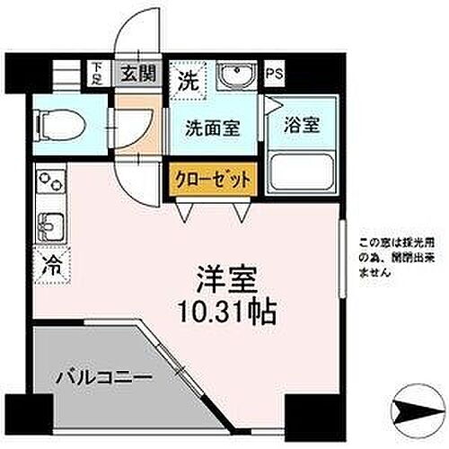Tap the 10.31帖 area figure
click(x=225, y=313)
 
